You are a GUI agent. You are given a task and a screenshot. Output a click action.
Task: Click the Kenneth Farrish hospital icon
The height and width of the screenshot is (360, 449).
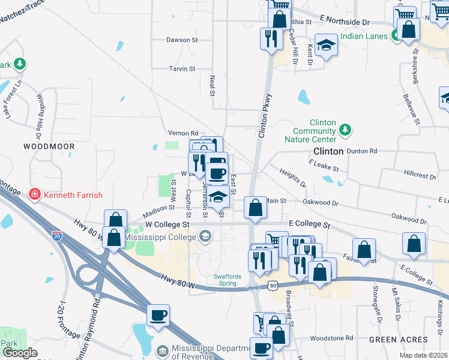35,194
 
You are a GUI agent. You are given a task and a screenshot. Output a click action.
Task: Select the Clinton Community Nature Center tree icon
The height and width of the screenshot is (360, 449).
345,129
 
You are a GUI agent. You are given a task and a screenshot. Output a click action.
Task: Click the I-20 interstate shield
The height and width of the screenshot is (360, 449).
56,236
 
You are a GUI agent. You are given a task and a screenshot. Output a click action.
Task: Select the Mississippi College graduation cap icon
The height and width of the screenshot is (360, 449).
205,236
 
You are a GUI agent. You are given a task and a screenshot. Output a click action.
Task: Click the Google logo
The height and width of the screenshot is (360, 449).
20,352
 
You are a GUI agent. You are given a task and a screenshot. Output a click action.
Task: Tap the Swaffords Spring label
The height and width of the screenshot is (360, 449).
231,279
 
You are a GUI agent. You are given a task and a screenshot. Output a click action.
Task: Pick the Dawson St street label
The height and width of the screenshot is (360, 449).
182,40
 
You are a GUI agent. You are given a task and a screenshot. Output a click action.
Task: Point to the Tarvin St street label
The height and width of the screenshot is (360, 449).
182,69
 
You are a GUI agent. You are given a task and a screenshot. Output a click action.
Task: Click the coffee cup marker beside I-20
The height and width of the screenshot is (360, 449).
158,315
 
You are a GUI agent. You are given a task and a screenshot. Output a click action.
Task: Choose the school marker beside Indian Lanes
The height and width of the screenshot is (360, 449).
326,46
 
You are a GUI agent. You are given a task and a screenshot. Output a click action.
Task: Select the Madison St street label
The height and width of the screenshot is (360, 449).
158,211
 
